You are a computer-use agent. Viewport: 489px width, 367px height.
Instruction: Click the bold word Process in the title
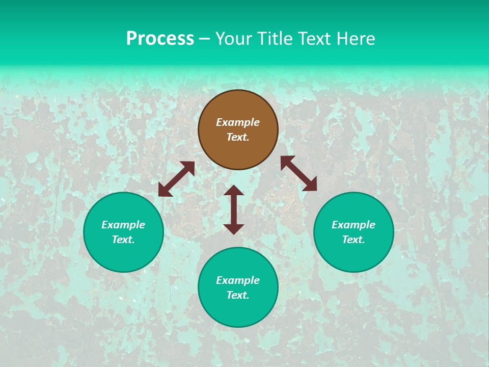pos(160,39)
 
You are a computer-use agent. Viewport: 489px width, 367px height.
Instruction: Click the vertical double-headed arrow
pos(234,209)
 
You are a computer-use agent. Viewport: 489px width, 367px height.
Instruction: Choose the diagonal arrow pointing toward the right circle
pos(298,173)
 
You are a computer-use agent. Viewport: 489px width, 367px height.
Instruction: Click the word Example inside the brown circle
pos(238,122)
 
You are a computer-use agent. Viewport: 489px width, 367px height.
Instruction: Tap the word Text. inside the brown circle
pos(238,137)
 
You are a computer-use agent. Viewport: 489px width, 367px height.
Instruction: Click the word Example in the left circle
pos(123,225)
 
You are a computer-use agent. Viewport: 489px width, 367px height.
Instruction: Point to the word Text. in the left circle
pos(123,240)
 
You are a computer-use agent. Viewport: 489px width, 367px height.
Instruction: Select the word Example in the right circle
pos(354,225)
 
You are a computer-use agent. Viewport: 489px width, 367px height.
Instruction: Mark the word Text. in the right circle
pos(354,240)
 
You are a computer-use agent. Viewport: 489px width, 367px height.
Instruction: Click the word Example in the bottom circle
pos(238,280)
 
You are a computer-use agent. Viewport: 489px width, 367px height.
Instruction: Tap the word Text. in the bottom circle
pos(238,295)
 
